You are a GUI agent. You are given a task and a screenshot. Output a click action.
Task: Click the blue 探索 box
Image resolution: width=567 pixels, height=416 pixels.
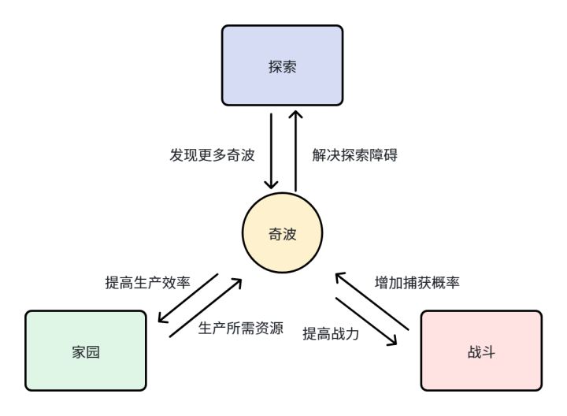pos(282,65)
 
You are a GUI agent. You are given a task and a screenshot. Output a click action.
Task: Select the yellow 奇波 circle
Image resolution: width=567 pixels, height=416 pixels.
pos(283,233)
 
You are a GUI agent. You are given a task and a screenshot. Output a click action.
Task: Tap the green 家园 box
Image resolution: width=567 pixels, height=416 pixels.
pos(86,351)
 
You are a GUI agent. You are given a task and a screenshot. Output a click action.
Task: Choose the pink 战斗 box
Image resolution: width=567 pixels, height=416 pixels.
pos(481,351)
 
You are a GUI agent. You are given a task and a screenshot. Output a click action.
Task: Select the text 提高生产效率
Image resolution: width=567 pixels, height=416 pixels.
pos(148,282)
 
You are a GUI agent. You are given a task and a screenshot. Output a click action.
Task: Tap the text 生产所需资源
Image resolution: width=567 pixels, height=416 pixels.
pos(241,328)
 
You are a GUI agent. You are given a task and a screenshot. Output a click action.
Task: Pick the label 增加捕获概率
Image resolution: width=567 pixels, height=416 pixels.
pos(416,282)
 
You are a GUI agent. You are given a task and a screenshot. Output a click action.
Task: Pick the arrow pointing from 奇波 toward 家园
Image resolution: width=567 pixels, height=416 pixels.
pos(197,299)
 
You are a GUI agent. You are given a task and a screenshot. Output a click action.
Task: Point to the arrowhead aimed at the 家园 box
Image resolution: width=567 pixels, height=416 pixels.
pos(162,320)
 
